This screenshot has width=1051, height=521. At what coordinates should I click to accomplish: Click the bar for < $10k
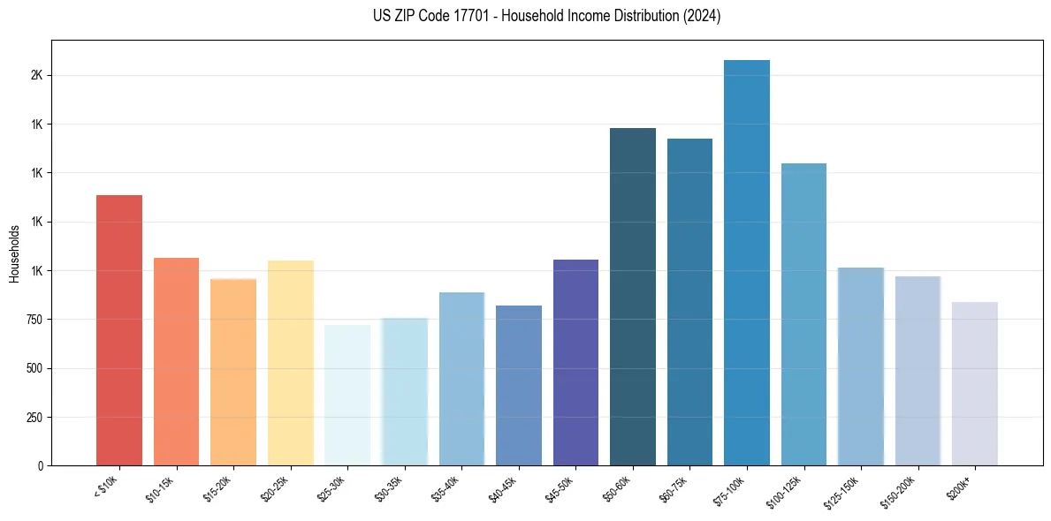point(119,330)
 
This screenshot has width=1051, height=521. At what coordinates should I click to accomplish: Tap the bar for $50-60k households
point(633,297)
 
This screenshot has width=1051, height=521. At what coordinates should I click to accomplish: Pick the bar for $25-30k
point(347,395)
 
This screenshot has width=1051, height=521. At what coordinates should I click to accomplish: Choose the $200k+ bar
point(975,383)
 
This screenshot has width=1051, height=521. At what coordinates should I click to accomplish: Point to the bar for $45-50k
point(575,362)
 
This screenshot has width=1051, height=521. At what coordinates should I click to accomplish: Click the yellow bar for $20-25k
point(291,363)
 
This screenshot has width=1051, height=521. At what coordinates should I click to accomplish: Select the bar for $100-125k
point(803,314)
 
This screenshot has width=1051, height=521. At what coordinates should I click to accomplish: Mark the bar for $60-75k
point(689,302)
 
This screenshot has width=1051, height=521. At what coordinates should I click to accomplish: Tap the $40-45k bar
point(519,385)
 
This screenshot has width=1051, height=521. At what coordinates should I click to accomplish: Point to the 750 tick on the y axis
point(35,320)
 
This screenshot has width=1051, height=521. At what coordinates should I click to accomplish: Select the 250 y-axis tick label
point(35,417)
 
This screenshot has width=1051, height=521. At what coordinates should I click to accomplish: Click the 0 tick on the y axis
point(41,466)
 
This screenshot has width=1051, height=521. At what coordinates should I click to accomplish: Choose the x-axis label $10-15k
point(160,490)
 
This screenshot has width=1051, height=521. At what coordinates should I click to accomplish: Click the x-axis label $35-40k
point(446,490)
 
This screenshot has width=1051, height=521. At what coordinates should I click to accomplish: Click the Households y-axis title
point(15,253)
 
